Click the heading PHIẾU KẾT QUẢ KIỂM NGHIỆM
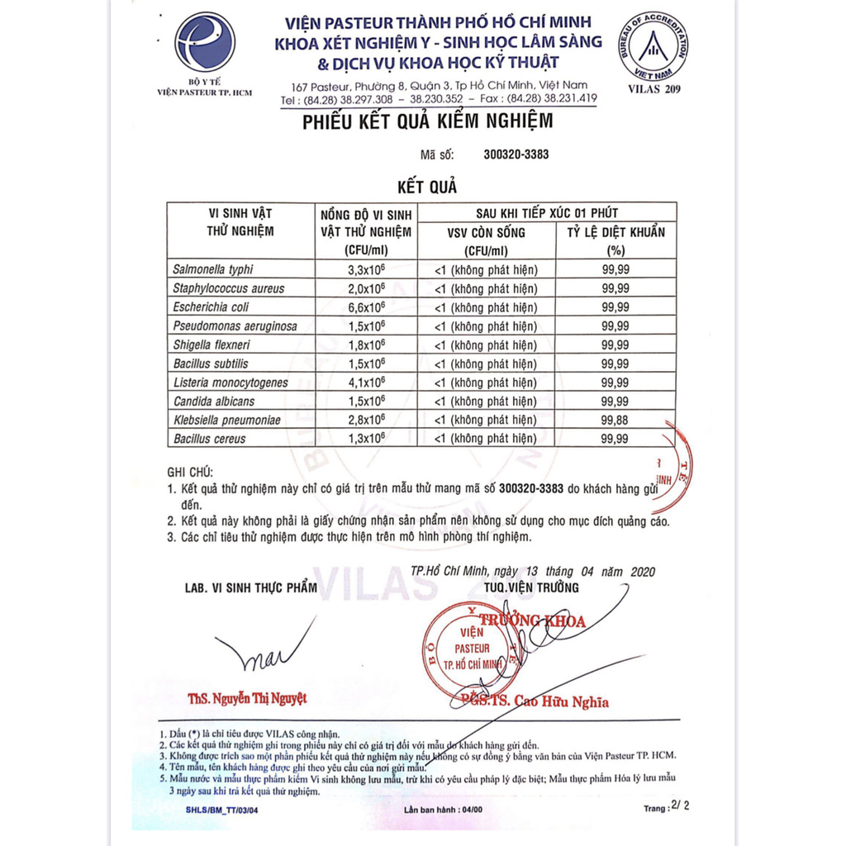pos(427,121)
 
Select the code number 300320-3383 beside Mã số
pos(516,154)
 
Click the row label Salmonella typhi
pos(213,269)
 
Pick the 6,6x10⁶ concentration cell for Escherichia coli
pos(365,307)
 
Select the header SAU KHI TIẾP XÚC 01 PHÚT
pos(547,212)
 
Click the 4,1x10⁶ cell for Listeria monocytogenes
pos(365,383)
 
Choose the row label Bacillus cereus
pos(209,439)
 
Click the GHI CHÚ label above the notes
pos(190,473)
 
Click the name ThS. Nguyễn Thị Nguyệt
pos(247,698)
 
